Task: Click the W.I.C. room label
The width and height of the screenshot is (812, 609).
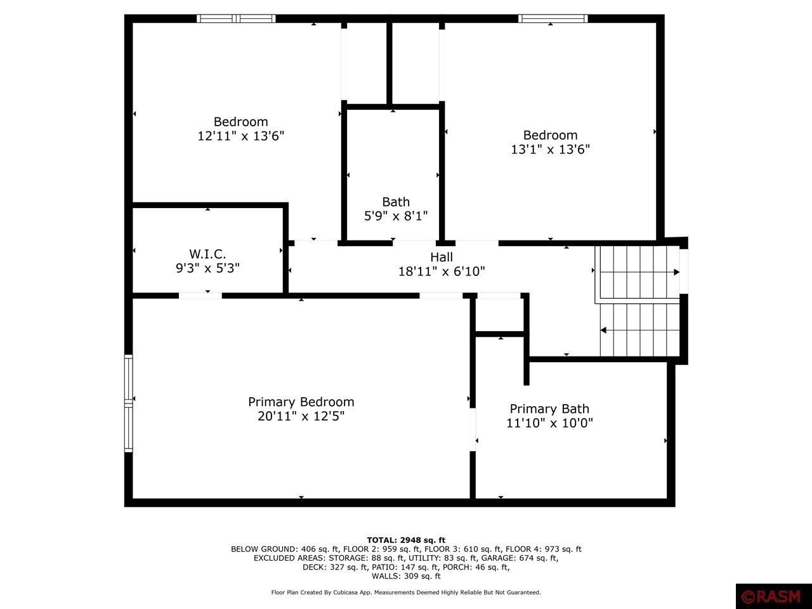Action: pos(207,254)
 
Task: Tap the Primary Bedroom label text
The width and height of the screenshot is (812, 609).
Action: pos(301,402)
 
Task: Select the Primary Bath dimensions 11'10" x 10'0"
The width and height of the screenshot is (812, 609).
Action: pos(549,423)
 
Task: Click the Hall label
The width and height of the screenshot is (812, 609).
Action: pos(442,257)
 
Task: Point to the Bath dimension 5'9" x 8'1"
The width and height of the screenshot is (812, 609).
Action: pos(395,216)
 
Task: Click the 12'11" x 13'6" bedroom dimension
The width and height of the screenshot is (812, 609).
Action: pos(240,136)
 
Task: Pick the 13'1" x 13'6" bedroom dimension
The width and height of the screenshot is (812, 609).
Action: pos(550,149)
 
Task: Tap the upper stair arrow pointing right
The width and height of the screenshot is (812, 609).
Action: pos(676,272)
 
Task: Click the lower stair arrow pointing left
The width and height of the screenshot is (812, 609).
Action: pos(603,330)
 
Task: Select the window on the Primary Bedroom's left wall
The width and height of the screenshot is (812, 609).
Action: pos(129,403)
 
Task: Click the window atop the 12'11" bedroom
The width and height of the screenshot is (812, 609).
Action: pos(236,18)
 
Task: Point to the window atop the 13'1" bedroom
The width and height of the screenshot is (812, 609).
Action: pos(553,18)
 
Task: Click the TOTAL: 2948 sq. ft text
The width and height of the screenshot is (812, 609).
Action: pos(406,540)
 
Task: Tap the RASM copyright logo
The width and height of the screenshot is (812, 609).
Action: pos(773,596)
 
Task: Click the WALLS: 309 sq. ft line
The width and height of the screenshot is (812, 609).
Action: pos(406,576)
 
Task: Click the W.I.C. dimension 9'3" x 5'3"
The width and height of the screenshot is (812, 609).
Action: pos(207,268)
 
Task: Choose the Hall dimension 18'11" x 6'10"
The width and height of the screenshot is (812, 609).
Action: pos(442,272)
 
